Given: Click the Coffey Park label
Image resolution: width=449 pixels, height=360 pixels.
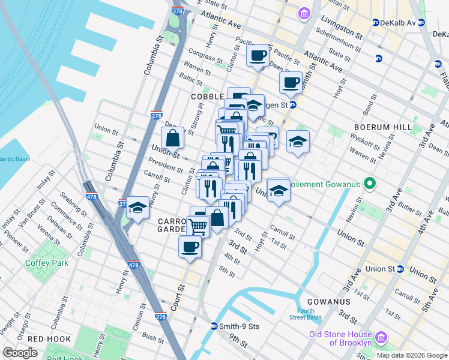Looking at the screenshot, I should point(47,263).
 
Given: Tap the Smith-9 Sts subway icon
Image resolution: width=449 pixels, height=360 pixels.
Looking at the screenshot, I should point(214,326).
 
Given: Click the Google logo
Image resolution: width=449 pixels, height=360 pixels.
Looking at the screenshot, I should point(20,353).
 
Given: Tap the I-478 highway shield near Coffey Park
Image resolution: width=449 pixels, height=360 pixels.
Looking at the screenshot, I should point(134,265).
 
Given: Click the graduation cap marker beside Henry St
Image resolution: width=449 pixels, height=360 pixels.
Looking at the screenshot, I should point(138,208).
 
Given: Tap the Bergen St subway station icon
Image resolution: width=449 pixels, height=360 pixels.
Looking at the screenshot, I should point(292,104).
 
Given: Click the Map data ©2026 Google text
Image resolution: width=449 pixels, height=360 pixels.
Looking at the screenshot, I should point(412,355).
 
